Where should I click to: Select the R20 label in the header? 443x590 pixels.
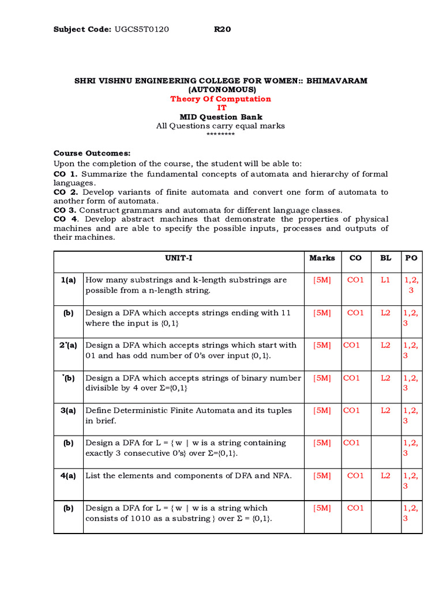[222, 29]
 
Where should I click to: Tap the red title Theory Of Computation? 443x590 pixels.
[220, 99]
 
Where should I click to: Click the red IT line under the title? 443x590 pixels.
[221, 108]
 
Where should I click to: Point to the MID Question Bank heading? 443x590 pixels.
[221, 117]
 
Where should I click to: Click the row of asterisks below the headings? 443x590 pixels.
[220, 134]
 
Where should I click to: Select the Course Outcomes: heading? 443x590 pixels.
[92, 153]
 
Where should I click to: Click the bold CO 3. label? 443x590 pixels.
[66, 210]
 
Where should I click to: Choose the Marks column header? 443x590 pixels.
[322, 258]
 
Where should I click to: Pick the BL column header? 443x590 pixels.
[385, 258]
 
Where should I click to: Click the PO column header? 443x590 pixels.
[411, 258]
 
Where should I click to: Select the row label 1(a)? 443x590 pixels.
[69, 280]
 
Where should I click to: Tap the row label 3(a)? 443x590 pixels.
[69, 410]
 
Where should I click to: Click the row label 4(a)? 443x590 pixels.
[69, 475]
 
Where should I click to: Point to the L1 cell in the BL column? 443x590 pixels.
[385, 280]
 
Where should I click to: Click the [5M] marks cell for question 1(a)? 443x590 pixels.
[322, 280]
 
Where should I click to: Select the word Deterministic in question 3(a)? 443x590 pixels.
[144, 410]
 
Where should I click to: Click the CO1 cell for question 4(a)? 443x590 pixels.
[355, 475]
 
